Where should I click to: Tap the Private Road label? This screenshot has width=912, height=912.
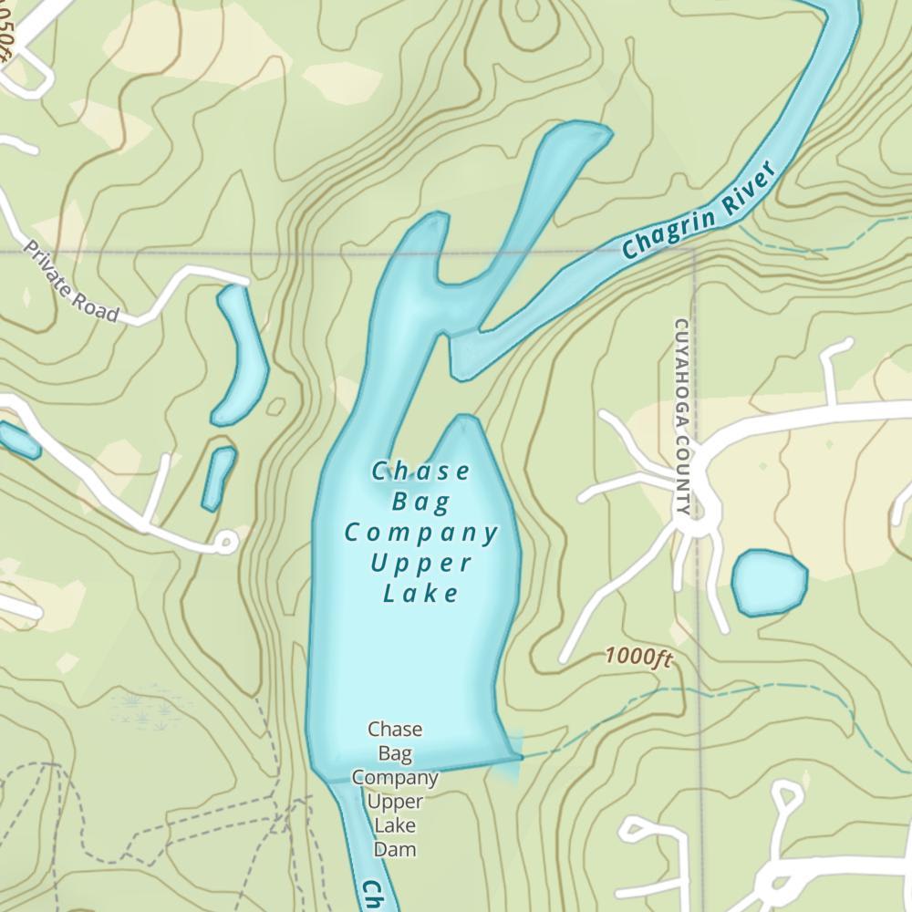[x=71, y=282]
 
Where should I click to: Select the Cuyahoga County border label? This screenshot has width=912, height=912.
[x=682, y=416]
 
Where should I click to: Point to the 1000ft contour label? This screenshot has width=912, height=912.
[x=637, y=657]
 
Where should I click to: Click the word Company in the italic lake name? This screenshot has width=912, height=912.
[x=421, y=532]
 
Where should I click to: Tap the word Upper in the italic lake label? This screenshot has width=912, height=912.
[x=421, y=562]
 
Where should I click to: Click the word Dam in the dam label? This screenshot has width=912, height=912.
[x=395, y=850]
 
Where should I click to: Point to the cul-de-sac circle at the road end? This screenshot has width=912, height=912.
[x=225, y=544]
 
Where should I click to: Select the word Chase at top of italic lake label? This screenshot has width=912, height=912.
[x=421, y=472]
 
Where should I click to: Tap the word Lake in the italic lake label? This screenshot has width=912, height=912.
[x=420, y=594]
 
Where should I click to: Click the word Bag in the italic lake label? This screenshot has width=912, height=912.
[x=421, y=501]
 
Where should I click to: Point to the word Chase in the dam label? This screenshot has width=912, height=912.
[x=395, y=729]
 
